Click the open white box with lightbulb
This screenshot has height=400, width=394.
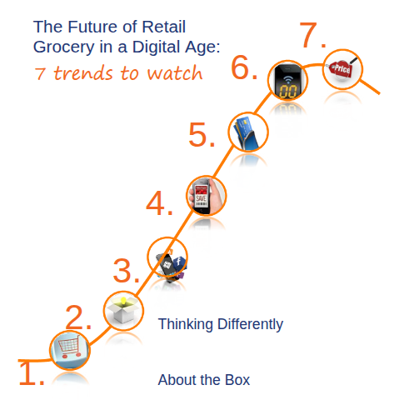pyautogui.click(x=123, y=310)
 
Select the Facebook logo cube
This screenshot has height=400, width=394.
pyautogui.click(x=179, y=262)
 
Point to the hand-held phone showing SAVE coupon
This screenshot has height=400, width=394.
pyautogui.click(x=207, y=196)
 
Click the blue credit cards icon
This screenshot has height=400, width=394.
pyautogui.click(x=247, y=132)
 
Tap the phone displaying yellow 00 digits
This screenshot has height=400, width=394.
pyautogui.click(x=287, y=81)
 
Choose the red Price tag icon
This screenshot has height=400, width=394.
pyautogui.click(x=342, y=68)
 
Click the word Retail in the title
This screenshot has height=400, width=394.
pyautogui.click(x=163, y=27)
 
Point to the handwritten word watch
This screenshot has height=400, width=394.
pyautogui.click(x=175, y=73)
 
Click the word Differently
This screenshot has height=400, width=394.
pyautogui.click(x=250, y=324)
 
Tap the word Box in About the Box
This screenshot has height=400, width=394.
pyautogui.click(x=237, y=380)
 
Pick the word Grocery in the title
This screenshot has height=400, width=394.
pyautogui.click(x=64, y=47)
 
